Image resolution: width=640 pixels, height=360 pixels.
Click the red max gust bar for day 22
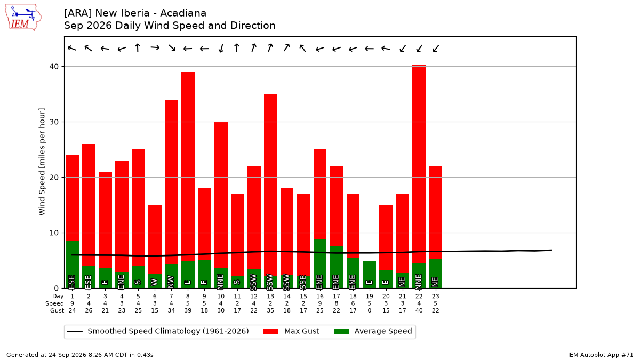click(419, 164)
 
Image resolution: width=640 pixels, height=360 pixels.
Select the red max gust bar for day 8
click(188, 166)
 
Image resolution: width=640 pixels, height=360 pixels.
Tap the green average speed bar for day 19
click(370, 275)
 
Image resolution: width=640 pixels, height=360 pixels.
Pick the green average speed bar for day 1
click(73, 265)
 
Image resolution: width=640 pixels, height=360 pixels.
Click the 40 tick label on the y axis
click(54, 67)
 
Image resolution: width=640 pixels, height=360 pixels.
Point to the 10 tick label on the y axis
click(54, 233)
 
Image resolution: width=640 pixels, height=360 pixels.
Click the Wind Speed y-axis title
click(42, 162)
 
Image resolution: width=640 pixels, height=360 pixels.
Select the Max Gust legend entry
click(291, 331)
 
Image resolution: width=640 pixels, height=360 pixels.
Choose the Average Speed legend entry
click(373, 331)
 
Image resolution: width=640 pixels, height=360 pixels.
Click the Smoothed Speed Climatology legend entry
click(158, 331)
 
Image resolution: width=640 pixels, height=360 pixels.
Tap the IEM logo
click(23, 18)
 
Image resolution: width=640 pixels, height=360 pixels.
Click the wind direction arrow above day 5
click(138, 47)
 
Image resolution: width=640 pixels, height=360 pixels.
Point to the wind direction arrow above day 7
click(172, 47)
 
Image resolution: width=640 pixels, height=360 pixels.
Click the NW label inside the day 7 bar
click(171, 282)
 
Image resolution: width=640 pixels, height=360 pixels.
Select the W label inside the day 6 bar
click(155, 282)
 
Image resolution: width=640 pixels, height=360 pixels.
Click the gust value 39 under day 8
click(188, 310)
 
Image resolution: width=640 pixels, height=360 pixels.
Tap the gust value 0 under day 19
click(370, 310)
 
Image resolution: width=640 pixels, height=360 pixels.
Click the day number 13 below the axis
click(270, 297)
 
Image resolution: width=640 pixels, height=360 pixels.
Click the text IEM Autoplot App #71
click(601, 355)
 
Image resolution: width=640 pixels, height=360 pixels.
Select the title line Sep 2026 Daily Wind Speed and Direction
click(170, 26)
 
